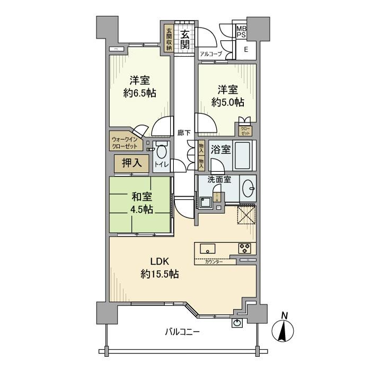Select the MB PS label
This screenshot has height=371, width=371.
click(x=241, y=32)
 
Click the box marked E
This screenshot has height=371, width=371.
click(x=246, y=49)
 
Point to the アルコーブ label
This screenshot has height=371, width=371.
click(x=210, y=54)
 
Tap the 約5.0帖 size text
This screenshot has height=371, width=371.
click(x=229, y=102)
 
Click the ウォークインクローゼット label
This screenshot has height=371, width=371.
click(x=124, y=143)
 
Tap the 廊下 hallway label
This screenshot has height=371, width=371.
click(x=184, y=132)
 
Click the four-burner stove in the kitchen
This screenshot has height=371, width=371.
click(x=245, y=248)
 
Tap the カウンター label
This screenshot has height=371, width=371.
click(x=213, y=262)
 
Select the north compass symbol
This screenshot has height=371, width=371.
click(x=284, y=330)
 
